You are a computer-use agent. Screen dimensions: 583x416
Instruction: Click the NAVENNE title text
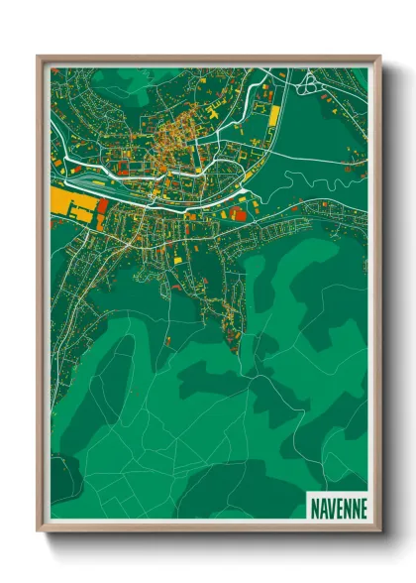point(338,507)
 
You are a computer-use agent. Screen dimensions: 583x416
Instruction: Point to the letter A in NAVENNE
point(323,507)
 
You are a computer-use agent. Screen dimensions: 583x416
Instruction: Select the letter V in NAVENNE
point(331,507)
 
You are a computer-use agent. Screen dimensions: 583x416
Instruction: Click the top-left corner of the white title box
point(306,493)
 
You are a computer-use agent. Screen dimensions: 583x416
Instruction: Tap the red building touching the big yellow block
point(102,206)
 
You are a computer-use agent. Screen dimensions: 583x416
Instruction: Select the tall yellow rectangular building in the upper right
point(272,115)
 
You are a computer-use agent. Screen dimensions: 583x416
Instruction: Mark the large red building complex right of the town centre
point(239,211)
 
